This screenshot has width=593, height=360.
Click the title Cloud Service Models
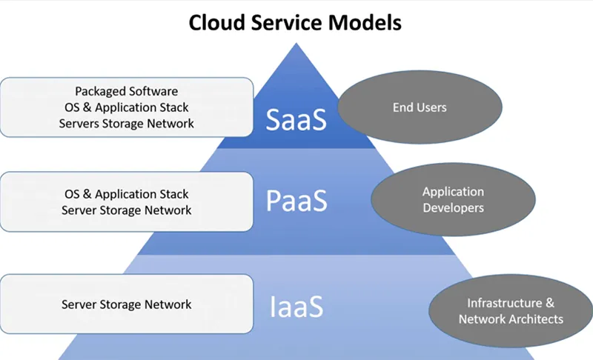point(295,22)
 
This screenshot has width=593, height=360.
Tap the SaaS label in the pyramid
point(296,119)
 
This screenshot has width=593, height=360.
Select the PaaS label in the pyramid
point(296,201)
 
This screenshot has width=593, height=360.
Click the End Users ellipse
point(419,108)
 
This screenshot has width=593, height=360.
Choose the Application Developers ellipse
point(453,200)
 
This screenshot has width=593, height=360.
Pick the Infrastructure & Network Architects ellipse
point(511,311)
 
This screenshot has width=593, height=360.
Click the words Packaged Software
point(127,91)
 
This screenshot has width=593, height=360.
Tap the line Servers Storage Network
point(127,124)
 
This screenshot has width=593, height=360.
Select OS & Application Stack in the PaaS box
point(127,194)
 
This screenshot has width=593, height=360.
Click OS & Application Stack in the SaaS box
point(127,107)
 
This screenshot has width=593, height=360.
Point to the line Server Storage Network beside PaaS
point(127,210)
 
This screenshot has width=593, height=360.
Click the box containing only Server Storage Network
point(127,304)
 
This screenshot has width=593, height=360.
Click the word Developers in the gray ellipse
point(453,208)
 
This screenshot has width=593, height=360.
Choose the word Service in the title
point(286,22)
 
